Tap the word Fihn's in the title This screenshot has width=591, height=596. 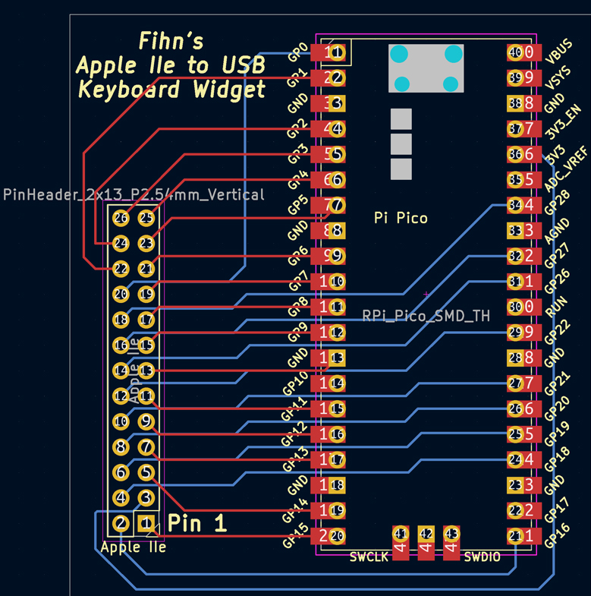point(171,41)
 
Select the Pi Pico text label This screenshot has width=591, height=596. point(401,218)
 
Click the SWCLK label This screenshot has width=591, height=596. point(369,557)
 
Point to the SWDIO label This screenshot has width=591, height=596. point(483,557)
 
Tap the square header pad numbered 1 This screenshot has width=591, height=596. point(146,522)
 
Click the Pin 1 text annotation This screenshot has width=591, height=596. point(196,522)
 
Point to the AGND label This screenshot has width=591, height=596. point(558,230)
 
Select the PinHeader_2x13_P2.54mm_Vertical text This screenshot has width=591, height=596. point(134,194)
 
